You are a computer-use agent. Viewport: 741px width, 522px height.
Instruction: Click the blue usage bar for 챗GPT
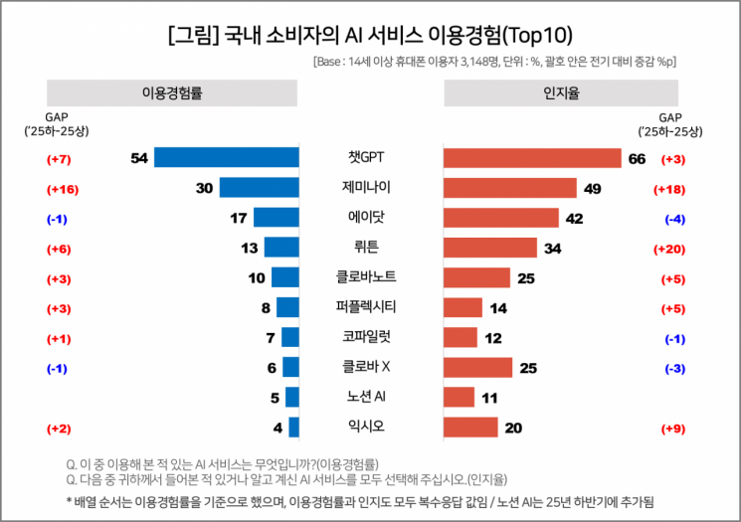pyautogui.click(x=227, y=157)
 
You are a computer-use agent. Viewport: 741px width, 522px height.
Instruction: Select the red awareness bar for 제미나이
pyautogui.click(x=509, y=188)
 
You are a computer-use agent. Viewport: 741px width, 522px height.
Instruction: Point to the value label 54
pyautogui.click(x=138, y=158)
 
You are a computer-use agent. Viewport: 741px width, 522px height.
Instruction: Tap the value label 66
pyautogui.click(x=637, y=158)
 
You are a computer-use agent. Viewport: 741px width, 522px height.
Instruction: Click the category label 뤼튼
pyautogui.click(x=370, y=248)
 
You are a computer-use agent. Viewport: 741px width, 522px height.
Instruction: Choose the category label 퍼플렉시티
pyautogui.click(x=370, y=307)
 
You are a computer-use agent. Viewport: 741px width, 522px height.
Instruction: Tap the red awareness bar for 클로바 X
pyautogui.click(x=477, y=367)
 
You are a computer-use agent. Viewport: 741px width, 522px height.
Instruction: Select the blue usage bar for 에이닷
pyautogui.click(x=277, y=218)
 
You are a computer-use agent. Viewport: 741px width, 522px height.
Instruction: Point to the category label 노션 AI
pyautogui.click(x=370, y=397)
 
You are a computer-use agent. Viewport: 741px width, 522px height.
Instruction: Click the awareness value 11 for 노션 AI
pyautogui.click(x=489, y=398)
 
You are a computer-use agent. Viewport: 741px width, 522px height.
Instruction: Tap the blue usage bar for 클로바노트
pyautogui.click(x=285, y=277)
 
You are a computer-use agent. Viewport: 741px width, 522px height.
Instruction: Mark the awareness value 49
pyautogui.click(x=593, y=189)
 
